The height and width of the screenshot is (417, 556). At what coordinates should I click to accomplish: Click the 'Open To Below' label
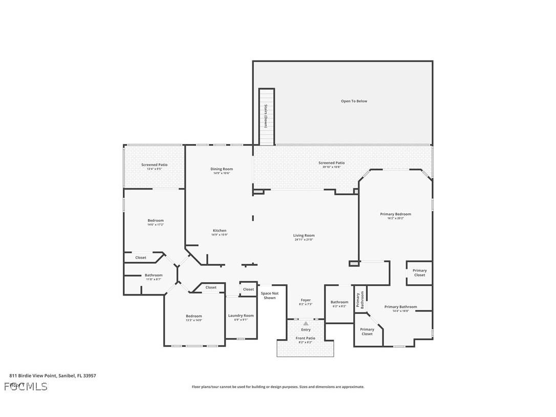tap(354, 101)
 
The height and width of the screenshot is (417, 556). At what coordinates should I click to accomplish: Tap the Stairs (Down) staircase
tap(266, 117)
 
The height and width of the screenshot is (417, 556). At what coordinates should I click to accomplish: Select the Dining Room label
tap(222, 169)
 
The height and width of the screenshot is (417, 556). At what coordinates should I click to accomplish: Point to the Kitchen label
tap(219, 231)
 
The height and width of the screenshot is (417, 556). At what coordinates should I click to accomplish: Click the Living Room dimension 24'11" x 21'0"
tap(304, 240)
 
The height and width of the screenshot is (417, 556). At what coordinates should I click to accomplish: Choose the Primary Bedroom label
tap(395, 214)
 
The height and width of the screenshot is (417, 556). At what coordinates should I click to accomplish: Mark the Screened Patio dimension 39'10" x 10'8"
tap(331, 167)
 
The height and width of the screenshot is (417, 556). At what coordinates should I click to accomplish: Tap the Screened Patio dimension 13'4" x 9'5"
tap(154, 169)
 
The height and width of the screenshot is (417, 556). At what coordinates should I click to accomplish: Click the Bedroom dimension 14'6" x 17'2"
tap(156, 224)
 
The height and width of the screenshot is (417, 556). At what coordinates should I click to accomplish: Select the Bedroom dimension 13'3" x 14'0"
tap(194, 320)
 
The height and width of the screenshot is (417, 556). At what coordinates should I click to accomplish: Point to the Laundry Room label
tap(241, 316)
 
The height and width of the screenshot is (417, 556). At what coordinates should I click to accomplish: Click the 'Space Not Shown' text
tap(269, 296)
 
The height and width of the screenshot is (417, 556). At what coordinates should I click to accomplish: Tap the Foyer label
tap(306, 300)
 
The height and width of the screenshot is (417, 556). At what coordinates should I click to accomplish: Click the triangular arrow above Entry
tap(306, 324)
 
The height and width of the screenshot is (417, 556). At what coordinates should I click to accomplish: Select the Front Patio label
tap(305, 338)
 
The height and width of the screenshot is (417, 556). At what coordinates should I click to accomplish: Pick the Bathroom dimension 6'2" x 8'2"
tap(339, 306)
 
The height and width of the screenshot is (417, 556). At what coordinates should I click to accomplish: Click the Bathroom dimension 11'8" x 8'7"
tap(153, 279)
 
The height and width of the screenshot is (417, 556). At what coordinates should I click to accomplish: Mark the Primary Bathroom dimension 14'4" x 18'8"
tap(400, 311)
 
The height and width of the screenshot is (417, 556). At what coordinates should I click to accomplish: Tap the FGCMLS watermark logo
tap(26, 386)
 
